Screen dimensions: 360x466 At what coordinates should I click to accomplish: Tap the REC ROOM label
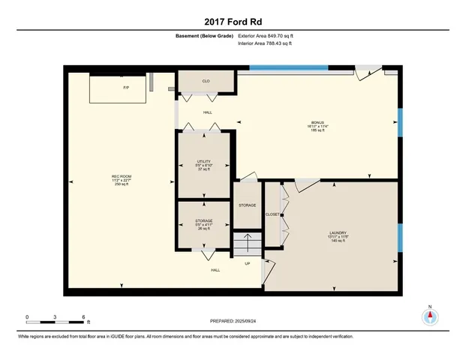click(121, 176)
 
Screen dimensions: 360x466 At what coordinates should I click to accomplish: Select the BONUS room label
click(318, 122)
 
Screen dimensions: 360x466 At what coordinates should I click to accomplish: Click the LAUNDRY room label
click(337, 232)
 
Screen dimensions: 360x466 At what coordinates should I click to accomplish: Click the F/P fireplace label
click(126, 88)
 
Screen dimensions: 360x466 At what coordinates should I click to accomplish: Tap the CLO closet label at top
click(205, 81)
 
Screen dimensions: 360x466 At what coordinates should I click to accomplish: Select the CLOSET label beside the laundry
click(272, 214)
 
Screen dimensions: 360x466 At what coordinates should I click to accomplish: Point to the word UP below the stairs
click(247, 263)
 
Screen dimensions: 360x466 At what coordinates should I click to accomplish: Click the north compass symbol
click(430, 316)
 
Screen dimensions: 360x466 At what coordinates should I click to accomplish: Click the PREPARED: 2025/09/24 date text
click(233, 320)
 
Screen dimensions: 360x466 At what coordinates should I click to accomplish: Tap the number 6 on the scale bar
click(83, 317)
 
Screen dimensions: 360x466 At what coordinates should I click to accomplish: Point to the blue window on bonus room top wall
click(288, 69)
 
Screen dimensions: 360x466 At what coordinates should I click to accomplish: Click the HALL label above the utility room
click(208, 112)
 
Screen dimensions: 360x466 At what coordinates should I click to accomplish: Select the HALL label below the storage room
click(215, 270)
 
